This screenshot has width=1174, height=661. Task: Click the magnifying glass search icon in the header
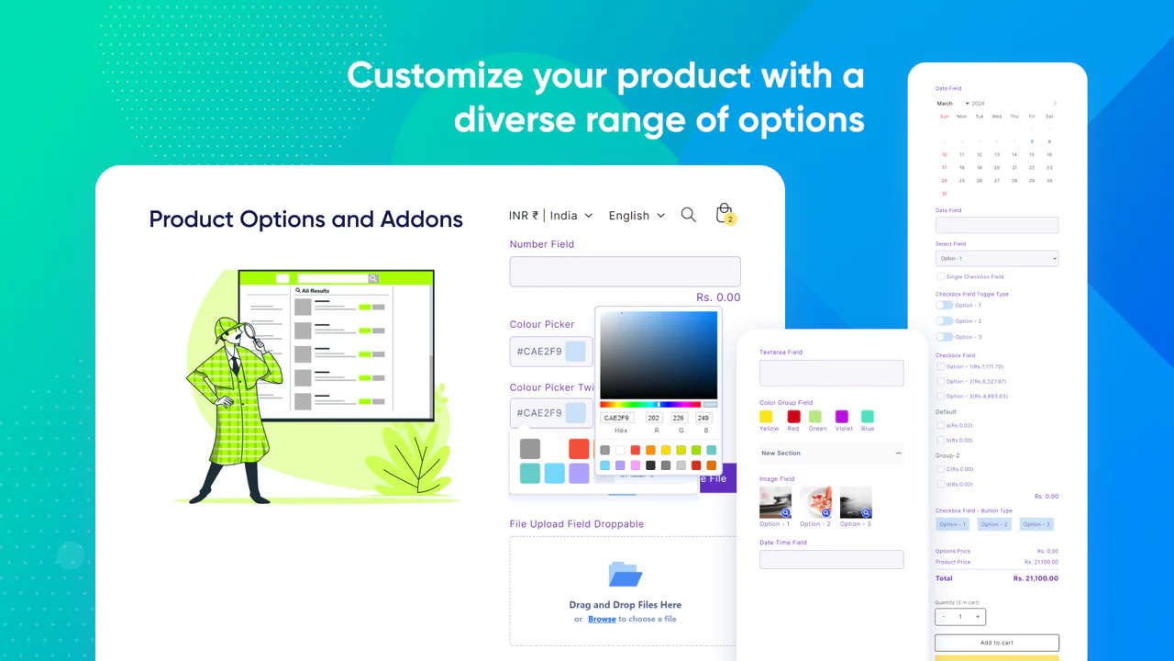(688, 215)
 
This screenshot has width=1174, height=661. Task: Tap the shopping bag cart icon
(725, 214)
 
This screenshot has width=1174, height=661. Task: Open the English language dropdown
(636, 216)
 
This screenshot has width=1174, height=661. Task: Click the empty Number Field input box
(625, 272)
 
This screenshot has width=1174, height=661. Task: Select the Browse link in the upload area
(602, 619)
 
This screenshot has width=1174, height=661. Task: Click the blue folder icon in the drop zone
(626, 575)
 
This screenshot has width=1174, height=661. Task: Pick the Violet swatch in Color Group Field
(842, 417)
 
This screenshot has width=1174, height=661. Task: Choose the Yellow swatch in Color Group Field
(766, 417)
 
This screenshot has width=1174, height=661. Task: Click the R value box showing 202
(654, 418)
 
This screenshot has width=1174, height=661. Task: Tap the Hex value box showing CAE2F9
(616, 418)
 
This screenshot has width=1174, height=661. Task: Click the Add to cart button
(996, 643)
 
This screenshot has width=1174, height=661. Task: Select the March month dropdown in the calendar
(952, 104)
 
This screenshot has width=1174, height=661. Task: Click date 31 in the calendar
(944, 194)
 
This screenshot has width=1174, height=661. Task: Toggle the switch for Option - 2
(944, 321)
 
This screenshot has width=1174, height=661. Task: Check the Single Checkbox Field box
(940, 276)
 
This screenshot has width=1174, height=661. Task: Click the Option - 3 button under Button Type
(1036, 524)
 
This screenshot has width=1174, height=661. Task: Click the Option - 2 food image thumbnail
(815, 502)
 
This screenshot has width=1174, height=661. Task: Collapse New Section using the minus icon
(898, 454)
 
